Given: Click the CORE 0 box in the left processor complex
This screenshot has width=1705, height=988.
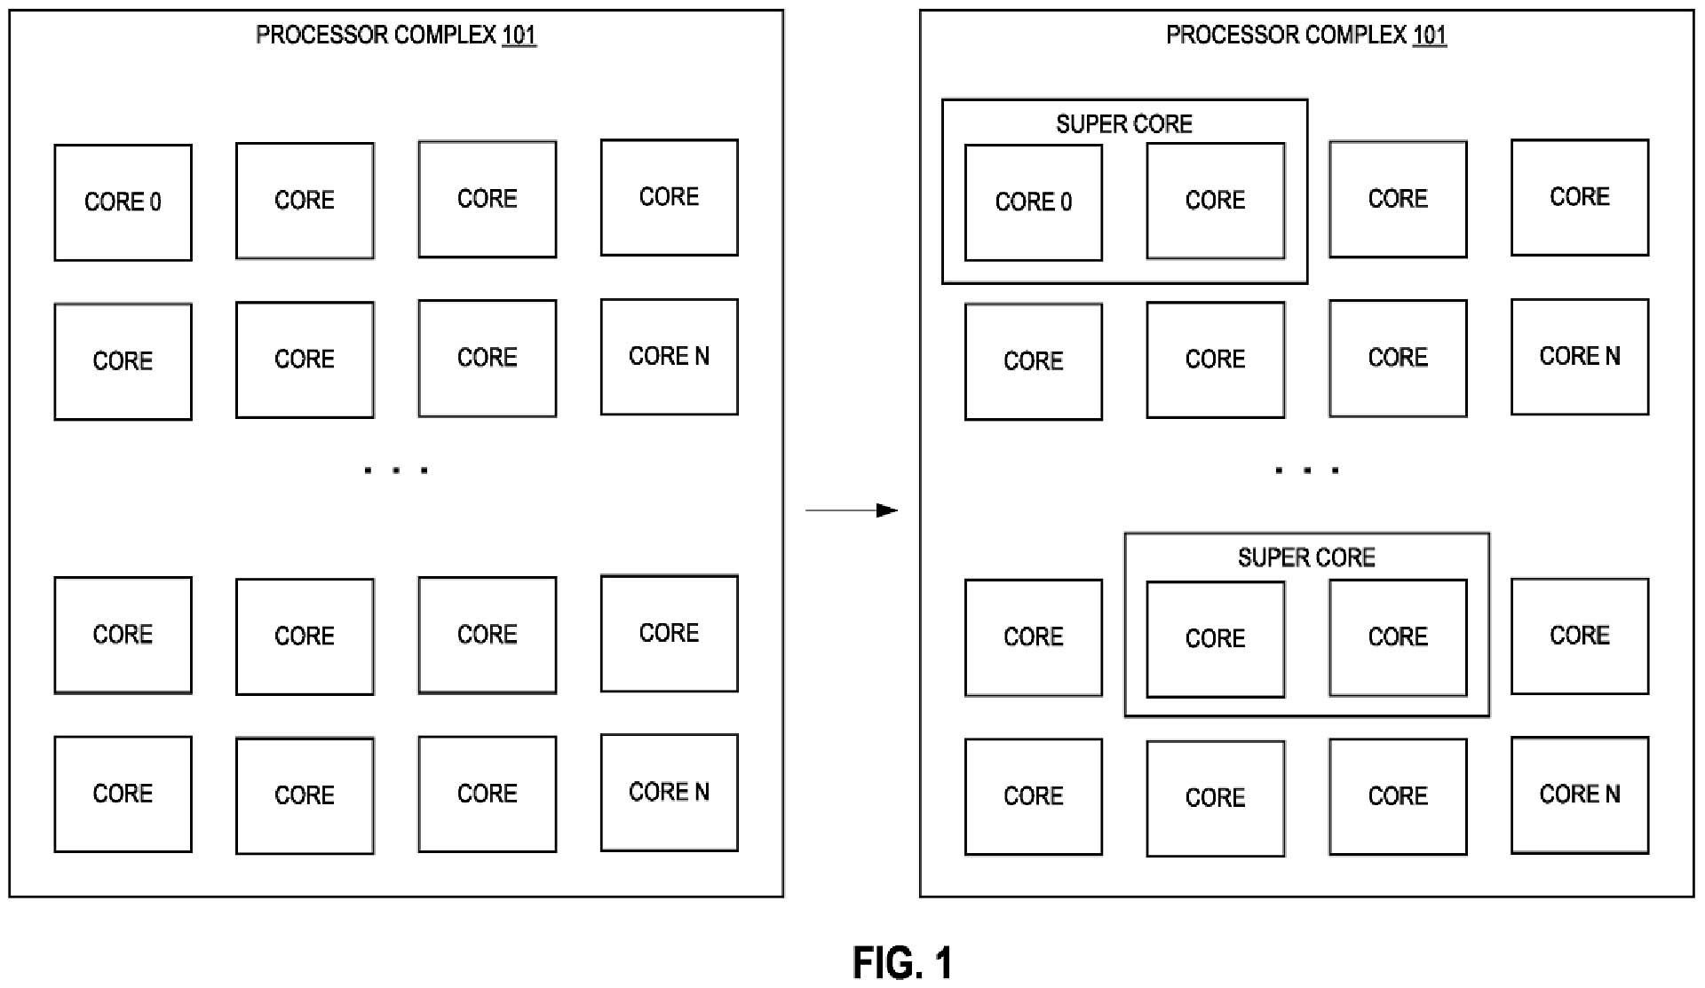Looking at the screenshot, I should [123, 202].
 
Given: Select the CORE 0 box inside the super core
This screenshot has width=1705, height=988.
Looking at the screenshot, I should [1033, 202].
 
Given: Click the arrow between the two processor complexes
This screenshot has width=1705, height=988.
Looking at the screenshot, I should [851, 510].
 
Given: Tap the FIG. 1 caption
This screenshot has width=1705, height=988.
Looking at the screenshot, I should [902, 963].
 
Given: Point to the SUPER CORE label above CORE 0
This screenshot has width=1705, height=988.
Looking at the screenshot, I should [1123, 124].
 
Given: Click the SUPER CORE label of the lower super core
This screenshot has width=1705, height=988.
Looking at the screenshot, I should [1306, 557].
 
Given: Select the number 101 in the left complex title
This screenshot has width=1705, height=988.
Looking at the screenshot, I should [519, 36].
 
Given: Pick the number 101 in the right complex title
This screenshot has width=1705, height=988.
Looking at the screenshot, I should [1429, 36].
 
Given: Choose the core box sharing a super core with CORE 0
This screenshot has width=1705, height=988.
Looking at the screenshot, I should [1215, 201].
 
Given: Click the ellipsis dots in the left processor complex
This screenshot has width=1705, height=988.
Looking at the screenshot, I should [396, 470].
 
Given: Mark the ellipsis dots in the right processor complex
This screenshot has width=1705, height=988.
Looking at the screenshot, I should [1306, 470].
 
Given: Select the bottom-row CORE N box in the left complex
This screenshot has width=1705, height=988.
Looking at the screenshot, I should [669, 792].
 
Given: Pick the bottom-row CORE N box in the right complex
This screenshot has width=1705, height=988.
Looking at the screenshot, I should [1579, 794].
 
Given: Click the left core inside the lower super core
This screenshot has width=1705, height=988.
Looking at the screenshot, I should [1215, 639].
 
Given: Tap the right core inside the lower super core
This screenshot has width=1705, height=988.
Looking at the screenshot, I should [1397, 637].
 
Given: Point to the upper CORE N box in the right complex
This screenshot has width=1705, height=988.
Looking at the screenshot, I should [1579, 357].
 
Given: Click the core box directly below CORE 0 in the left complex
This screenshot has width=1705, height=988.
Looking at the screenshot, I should [123, 361].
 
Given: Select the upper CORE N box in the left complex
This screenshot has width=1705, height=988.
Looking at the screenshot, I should [669, 357].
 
